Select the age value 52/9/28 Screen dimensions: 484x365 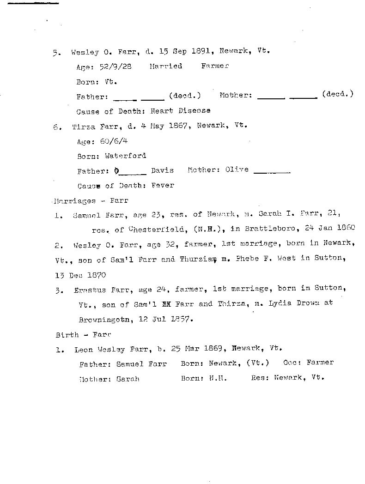[116, 67]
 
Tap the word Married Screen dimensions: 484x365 [165, 66]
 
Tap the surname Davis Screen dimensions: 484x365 [162, 170]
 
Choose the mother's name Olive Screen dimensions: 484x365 [237, 169]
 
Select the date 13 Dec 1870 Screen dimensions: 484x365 [80, 275]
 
